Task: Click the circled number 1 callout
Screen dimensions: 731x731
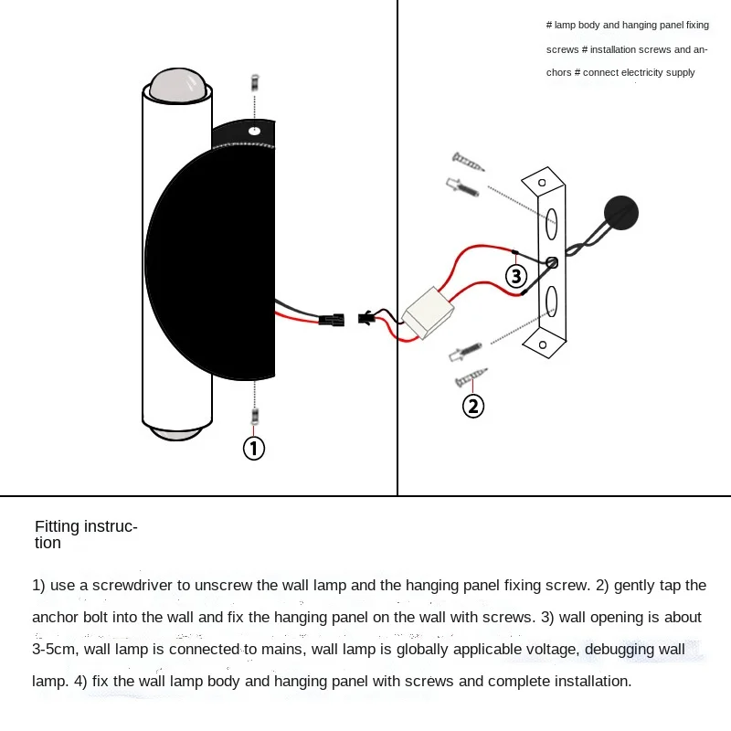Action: (x=254, y=448)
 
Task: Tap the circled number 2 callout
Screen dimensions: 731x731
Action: (x=473, y=405)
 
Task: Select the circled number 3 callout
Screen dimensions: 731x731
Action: (x=517, y=275)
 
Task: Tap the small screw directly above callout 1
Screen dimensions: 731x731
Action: (x=255, y=417)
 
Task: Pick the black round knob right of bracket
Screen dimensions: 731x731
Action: (x=623, y=212)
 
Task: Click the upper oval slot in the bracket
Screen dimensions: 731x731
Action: (x=552, y=221)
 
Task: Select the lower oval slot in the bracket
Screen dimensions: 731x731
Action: (x=551, y=300)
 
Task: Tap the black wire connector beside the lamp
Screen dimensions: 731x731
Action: (x=331, y=320)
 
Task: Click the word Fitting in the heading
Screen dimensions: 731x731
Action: (x=58, y=526)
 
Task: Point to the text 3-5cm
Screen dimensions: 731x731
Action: (x=54, y=650)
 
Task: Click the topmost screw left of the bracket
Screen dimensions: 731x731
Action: (x=468, y=164)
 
